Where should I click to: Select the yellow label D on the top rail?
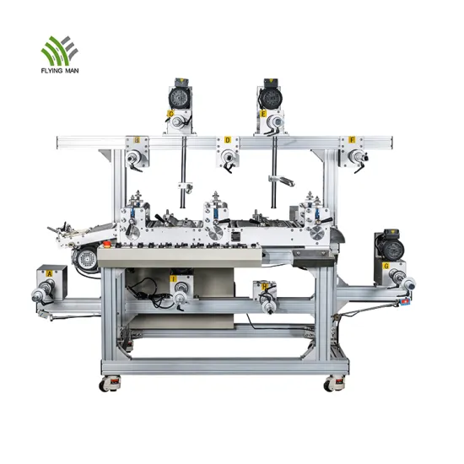pos(227,140)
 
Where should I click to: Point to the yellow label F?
pos(352,139)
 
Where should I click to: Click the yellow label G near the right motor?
pos(386,266)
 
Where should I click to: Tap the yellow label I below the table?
pos(174,278)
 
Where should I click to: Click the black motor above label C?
pos(181,91)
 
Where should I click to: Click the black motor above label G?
pos(389,243)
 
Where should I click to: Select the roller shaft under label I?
pos(180,294)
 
